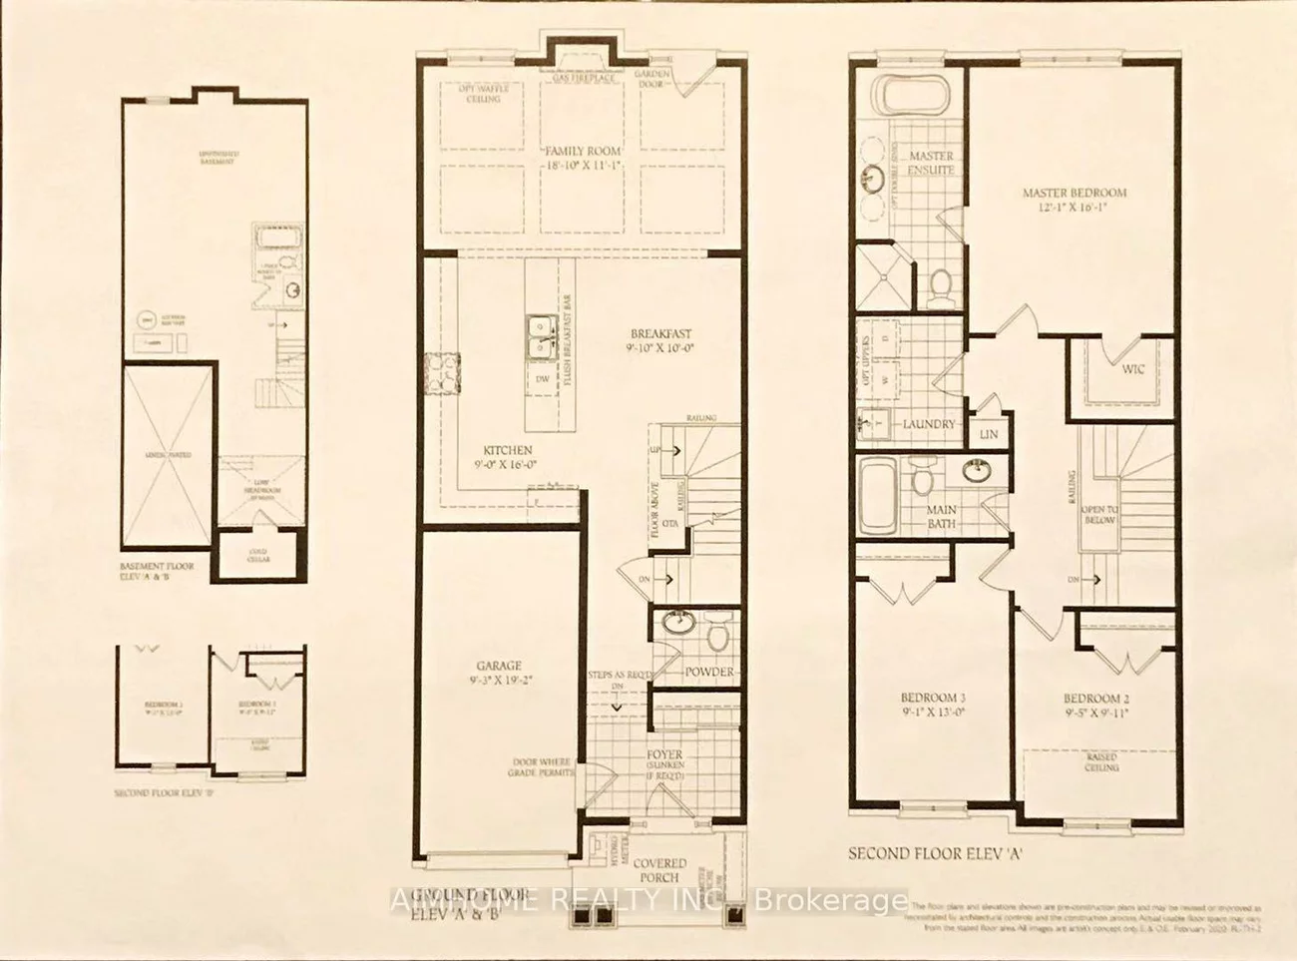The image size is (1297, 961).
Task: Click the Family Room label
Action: pyautogui.click(x=583, y=151)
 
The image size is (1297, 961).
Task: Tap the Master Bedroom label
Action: pyautogui.click(x=1075, y=193)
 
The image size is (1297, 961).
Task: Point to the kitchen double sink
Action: pyautogui.click(x=543, y=336)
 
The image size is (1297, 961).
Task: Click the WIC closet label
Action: pyautogui.click(x=1133, y=369)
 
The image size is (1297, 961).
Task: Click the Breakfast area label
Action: pyautogui.click(x=660, y=334)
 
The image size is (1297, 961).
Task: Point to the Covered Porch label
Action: pyautogui.click(x=659, y=870)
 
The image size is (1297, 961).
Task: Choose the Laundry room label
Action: pyautogui.click(x=929, y=424)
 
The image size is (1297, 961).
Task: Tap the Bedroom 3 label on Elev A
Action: pyautogui.click(x=933, y=698)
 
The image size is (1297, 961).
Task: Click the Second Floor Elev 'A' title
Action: pyautogui.click(x=936, y=853)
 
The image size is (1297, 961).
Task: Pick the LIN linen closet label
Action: pyautogui.click(x=989, y=435)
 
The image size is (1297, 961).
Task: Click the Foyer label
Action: pyautogui.click(x=664, y=754)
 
